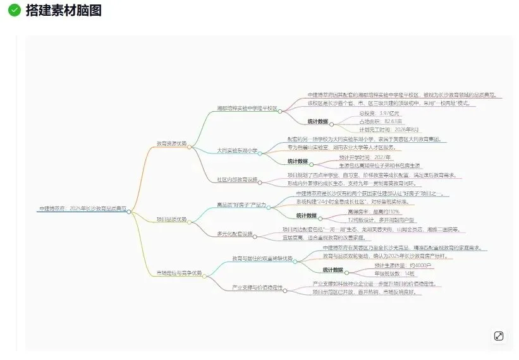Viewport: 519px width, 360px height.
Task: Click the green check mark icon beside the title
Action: [x=14, y=10]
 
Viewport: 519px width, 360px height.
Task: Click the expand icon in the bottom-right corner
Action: [x=498, y=336]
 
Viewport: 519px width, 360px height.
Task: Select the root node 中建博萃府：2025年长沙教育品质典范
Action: [x=82, y=208]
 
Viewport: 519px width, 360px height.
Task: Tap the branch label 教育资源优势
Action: [x=171, y=143]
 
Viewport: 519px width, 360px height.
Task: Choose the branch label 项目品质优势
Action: [x=171, y=219]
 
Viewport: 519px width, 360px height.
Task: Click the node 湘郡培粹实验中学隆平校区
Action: [x=247, y=108]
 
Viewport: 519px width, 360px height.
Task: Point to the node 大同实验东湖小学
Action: [x=237, y=150]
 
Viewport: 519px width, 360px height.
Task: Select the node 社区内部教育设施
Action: [x=237, y=179]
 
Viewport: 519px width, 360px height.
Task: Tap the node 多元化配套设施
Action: [x=235, y=234]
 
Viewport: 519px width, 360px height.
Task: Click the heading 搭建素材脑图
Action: [x=63, y=10]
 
